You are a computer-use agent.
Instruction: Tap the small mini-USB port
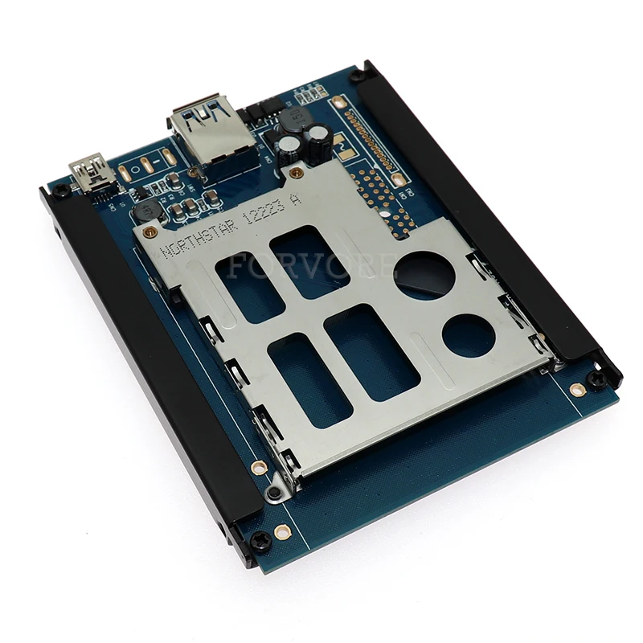point(91,172)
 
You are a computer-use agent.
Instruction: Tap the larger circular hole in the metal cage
point(424,276)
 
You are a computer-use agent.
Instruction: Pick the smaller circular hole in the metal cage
point(469,335)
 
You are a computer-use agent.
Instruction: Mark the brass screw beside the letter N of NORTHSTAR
point(149,232)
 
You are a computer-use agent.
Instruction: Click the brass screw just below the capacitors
point(297,172)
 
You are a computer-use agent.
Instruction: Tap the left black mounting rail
point(153,354)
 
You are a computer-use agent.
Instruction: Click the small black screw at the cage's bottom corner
point(275,492)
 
